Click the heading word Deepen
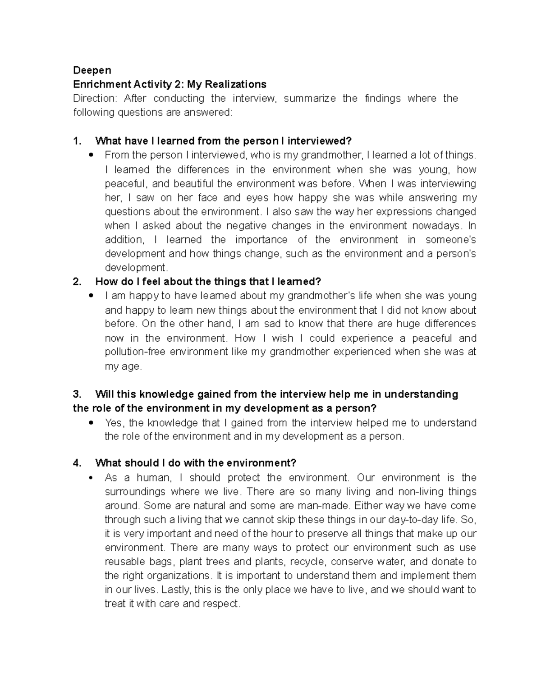click(92, 70)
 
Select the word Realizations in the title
click(239, 84)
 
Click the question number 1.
click(77, 141)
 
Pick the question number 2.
click(77, 282)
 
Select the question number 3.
click(77, 394)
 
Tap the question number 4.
click(77, 463)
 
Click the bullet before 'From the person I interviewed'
click(92, 155)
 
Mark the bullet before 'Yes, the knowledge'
click(92, 423)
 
